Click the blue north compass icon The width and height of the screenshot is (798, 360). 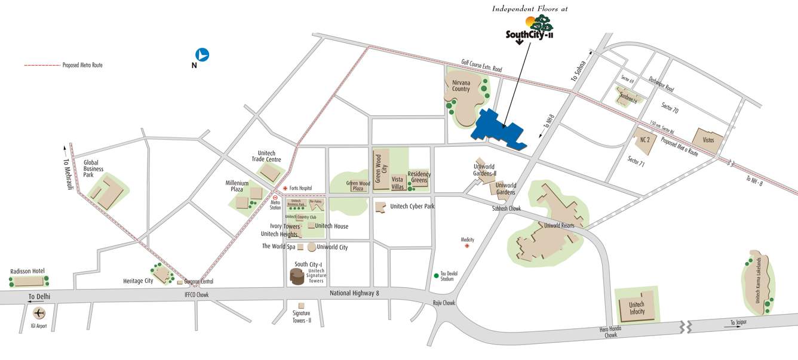pos(202,54)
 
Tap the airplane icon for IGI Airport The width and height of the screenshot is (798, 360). pos(39,312)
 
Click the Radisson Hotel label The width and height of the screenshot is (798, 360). pos(27,271)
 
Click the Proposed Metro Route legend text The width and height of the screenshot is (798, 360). pos(82,65)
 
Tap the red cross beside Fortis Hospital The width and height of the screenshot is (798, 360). pos(285,187)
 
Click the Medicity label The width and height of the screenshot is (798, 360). pos(467,239)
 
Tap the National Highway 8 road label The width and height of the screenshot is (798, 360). pos(354,293)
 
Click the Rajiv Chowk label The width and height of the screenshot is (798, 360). pos(444,303)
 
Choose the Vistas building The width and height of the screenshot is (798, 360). pos(708,139)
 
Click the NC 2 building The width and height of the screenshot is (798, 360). pos(644,140)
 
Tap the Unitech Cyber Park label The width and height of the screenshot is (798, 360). pos(412,206)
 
